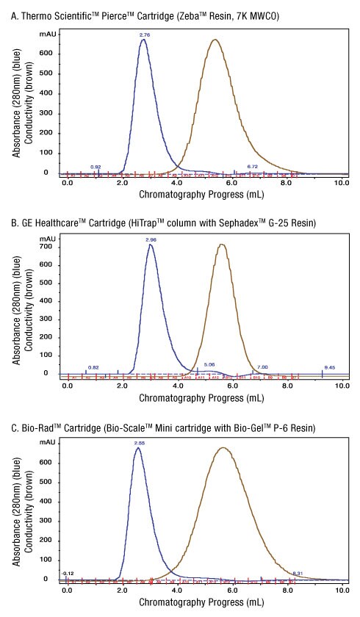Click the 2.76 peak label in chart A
pyautogui.click(x=145, y=34)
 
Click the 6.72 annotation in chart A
pyautogui.click(x=252, y=167)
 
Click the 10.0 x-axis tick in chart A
pyautogui.click(x=342, y=183)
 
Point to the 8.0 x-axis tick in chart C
pyautogui.click(x=287, y=589)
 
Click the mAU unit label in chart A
pyautogui.click(x=48, y=33)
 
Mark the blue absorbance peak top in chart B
pyautogui.click(x=151, y=245)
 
